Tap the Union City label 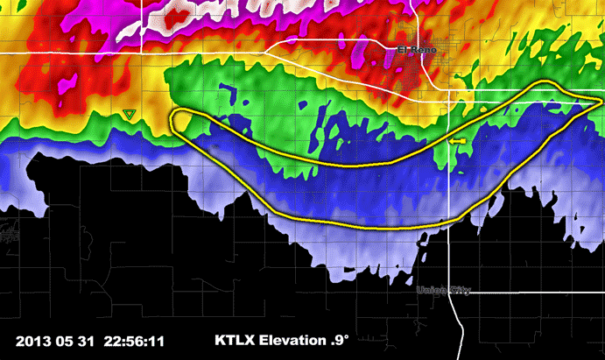pyautogui.click(x=444, y=291)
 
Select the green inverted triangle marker pyautogui.click(x=129, y=114)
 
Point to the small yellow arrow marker pyautogui.click(x=456, y=140)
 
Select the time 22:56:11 pyautogui.click(x=136, y=341)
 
